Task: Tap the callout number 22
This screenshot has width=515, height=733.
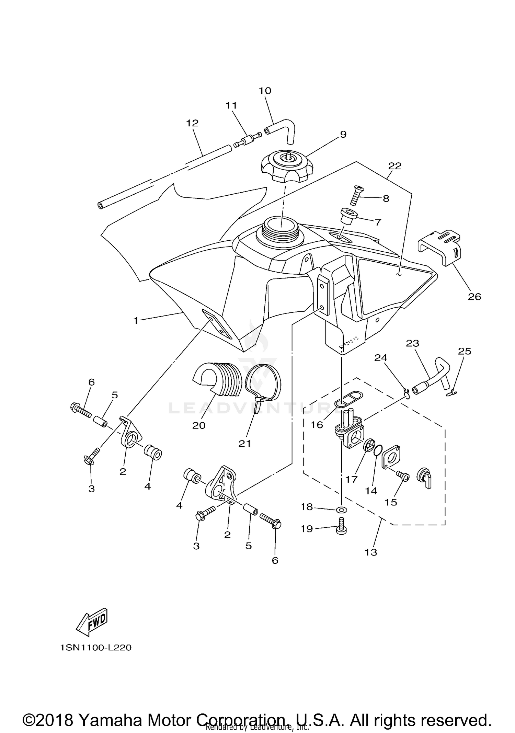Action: coord(394,166)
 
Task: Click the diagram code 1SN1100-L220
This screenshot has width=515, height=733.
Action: coord(96,648)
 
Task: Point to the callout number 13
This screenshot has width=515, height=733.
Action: coord(371,552)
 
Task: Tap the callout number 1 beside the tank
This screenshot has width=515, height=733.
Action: coord(136,321)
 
